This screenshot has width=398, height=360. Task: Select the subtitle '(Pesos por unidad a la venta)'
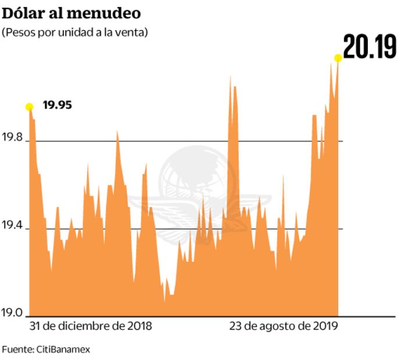tap(75, 33)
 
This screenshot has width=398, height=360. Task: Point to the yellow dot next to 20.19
tap(338, 57)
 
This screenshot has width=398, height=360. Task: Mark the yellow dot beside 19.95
tap(29, 106)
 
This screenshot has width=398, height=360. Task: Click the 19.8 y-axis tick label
tap(13, 138)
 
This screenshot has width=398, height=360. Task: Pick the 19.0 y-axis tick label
tap(13, 313)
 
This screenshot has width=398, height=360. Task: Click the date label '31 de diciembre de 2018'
tap(90, 326)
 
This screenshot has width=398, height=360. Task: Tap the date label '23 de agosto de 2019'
tap(282, 326)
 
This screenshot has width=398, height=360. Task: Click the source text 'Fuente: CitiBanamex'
tap(46, 349)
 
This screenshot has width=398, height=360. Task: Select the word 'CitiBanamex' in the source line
tap(63, 349)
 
